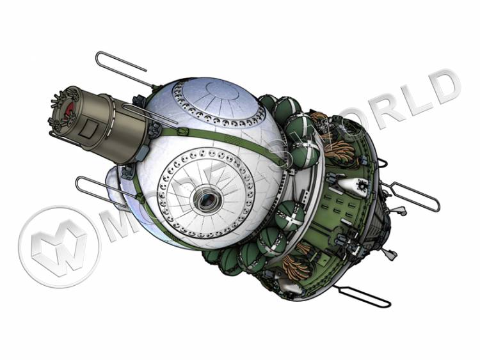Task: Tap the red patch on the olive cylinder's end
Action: [70, 107]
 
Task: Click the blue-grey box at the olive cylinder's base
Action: [142, 153]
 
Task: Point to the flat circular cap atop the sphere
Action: [223, 90]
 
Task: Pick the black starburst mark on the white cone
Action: [364, 185]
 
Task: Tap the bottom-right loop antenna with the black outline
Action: [364, 295]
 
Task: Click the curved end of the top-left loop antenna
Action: [98, 59]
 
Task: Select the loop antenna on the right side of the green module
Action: [412, 195]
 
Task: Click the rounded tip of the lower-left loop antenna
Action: [79, 185]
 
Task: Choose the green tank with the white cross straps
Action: [289, 216]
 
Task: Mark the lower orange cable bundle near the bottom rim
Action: [295, 266]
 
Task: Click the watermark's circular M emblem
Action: [60, 247]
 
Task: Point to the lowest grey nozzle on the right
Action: [391, 254]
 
